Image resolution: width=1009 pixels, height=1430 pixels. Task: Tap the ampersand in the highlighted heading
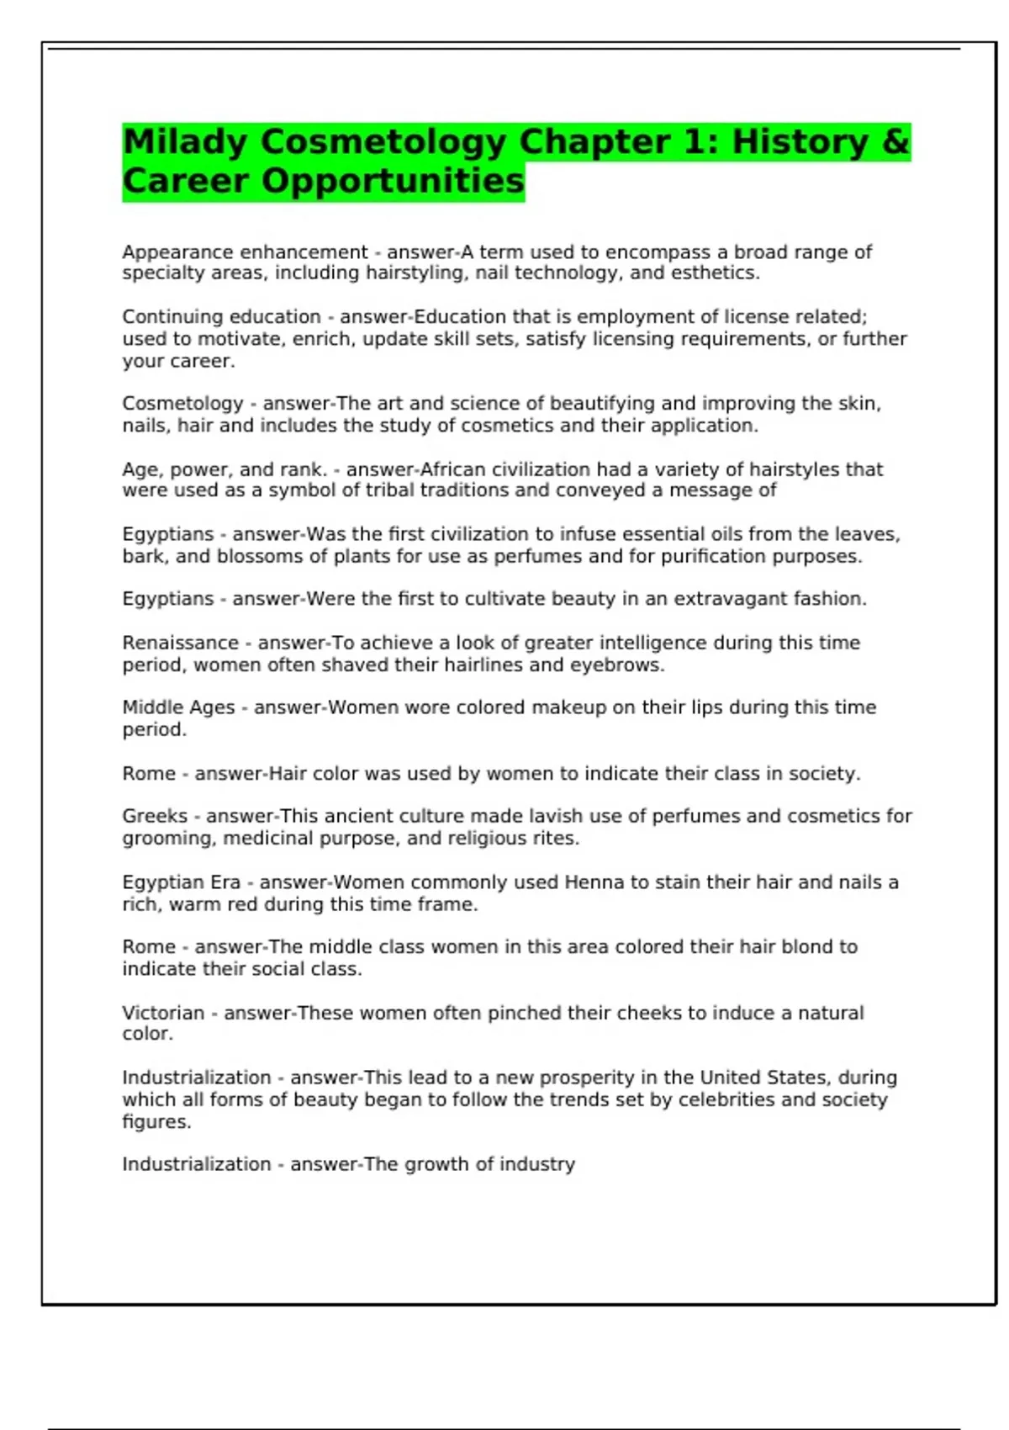click(896, 142)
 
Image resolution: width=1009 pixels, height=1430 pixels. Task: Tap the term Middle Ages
click(178, 708)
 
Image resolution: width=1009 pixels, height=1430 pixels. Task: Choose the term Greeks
click(155, 816)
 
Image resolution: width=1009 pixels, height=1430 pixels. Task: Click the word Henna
click(594, 882)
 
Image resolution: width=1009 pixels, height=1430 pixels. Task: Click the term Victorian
click(163, 1013)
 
